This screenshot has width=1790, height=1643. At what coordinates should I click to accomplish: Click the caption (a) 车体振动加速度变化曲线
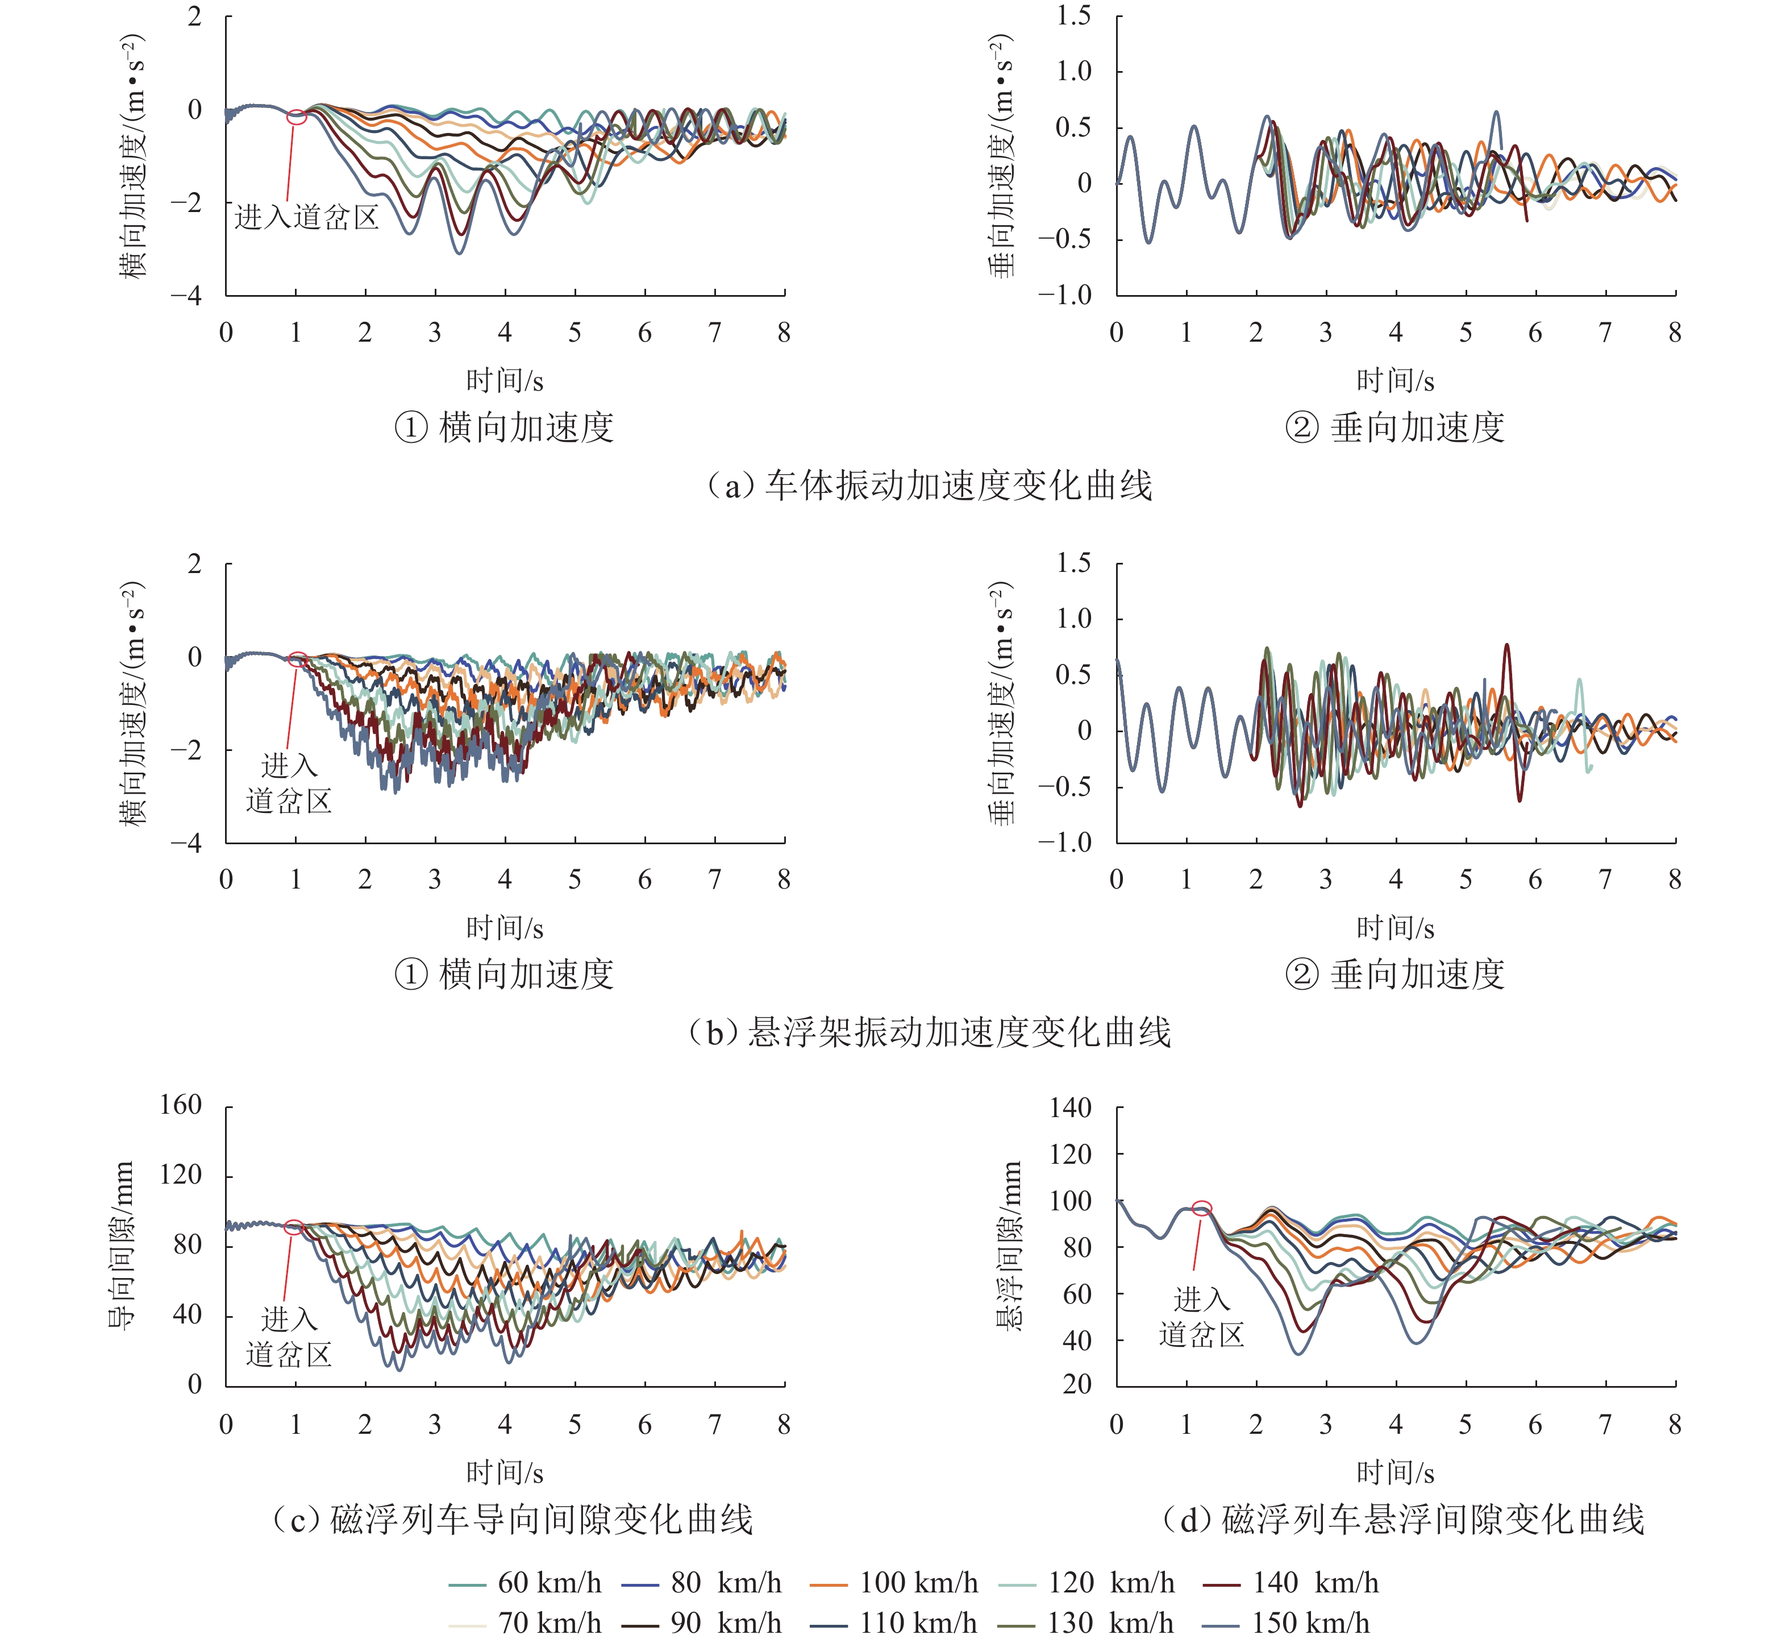[928, 486]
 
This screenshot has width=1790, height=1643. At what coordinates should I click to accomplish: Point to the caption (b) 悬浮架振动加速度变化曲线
[928, 1032]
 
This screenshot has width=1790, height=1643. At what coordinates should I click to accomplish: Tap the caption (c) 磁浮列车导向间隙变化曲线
[513, 1520]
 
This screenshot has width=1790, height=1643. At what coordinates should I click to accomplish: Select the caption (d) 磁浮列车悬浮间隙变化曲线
[1404, 1520]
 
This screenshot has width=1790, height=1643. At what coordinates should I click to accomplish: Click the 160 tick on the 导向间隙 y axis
[181, 1105]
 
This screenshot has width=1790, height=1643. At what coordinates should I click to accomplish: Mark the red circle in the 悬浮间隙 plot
[1201, 1208]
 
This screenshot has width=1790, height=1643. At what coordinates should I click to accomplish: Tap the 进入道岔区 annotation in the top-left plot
[307, 217]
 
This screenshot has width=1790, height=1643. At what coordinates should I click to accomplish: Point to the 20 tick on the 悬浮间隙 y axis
[1076, 1384]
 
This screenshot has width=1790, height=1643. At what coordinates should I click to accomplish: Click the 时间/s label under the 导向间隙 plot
[505, 1473]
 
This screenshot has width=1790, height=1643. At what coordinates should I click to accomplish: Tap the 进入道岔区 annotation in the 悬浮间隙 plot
[1201, 1318]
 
